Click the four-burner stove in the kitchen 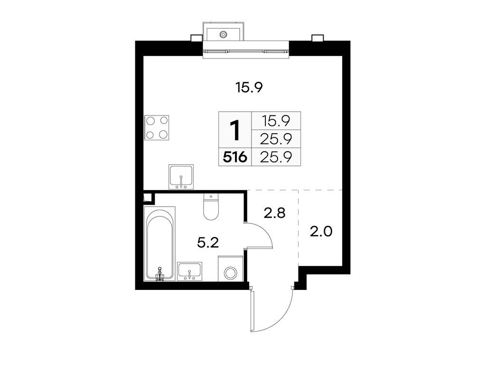[157, 127]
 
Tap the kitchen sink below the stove [181, 177]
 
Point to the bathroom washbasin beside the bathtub [189, 271]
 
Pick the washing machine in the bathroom [231, 272]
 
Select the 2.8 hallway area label [274, 213]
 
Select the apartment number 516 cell [234, 157]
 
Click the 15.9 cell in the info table [276, 121]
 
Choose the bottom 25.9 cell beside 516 [276, 157]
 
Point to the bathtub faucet [160, 273]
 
